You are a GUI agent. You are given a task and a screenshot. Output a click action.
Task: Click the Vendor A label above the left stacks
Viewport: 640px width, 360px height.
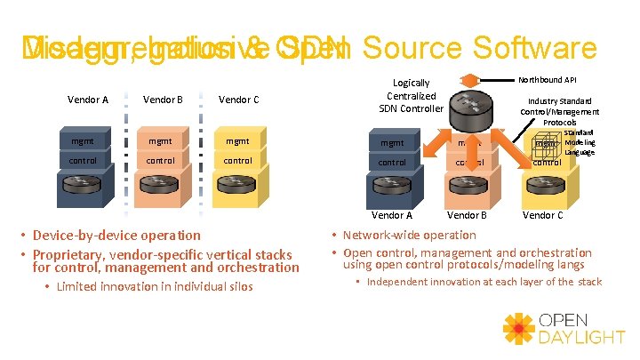pyautogui.click(x=88, y=100)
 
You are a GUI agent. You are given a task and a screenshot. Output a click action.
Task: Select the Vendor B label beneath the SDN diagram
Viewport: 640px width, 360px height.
pyautogui.click(x=467, y=215)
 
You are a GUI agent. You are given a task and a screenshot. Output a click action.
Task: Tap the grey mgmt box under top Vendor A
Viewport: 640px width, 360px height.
pyautogui.click(x=88, y=140)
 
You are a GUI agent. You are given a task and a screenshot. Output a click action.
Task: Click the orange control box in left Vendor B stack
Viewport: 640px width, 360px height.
pyautogui.click(x=162, y=161)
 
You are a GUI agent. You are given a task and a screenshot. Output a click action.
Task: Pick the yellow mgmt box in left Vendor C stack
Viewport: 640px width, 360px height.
pyautogui.click(x=237, y=140)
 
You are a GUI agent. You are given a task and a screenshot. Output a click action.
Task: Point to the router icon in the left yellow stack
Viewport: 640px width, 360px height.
pyautogui.click(x=237, y=191)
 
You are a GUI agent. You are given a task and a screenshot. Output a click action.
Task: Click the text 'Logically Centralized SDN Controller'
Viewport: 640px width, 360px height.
pyautogui.click(x=412, y=96)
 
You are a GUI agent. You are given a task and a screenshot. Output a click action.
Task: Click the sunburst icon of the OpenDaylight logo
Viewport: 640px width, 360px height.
pyautogui.click(x=519, y=329)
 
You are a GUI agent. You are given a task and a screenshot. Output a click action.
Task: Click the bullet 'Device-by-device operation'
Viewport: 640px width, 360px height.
pyautogui.click(x=116, y=236)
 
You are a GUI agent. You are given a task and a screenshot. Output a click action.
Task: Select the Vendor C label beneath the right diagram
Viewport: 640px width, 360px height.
pyautogui.click(x=542, y=215)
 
